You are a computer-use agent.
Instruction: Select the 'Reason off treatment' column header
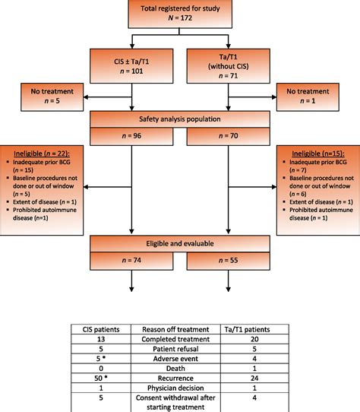point(181,328)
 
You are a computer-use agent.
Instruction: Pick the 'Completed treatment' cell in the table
point(181,341)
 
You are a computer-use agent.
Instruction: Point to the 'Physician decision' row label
point(181,388)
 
